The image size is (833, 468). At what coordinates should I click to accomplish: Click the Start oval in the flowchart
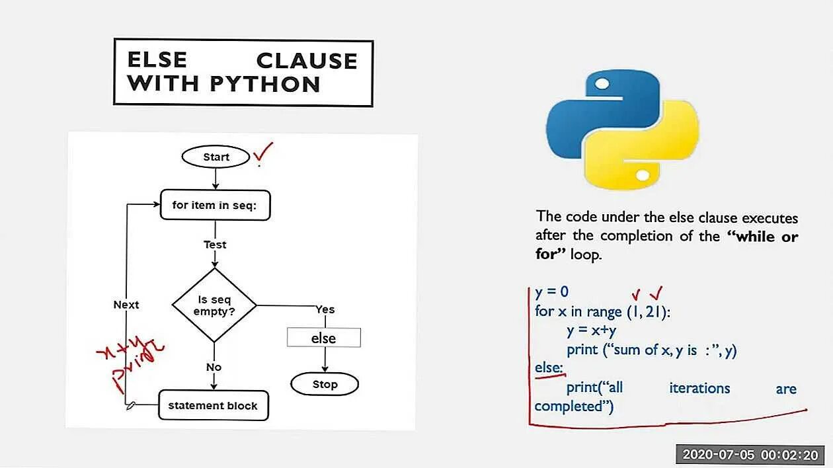216,157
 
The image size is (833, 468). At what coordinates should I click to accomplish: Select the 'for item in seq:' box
216,205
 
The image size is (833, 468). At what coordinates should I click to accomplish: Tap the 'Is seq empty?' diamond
214,305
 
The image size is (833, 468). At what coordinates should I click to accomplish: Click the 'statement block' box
213,405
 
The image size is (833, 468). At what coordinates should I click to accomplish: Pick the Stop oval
325,384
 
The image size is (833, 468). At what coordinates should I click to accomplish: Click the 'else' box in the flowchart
323,338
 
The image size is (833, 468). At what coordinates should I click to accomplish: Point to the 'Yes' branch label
325,309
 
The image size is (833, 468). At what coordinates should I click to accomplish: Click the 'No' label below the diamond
214,367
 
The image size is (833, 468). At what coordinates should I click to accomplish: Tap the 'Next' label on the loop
126,305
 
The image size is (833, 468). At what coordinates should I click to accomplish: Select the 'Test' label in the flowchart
215,245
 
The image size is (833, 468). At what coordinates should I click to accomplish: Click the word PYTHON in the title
266,84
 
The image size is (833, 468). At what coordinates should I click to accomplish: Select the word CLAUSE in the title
307,61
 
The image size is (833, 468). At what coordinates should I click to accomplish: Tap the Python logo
622,129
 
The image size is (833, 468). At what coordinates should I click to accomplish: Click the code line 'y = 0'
552,292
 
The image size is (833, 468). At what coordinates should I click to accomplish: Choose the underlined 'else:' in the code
549,368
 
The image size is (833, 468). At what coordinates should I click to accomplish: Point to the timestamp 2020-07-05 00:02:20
750,454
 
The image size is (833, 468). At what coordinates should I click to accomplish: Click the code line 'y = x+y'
591,331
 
